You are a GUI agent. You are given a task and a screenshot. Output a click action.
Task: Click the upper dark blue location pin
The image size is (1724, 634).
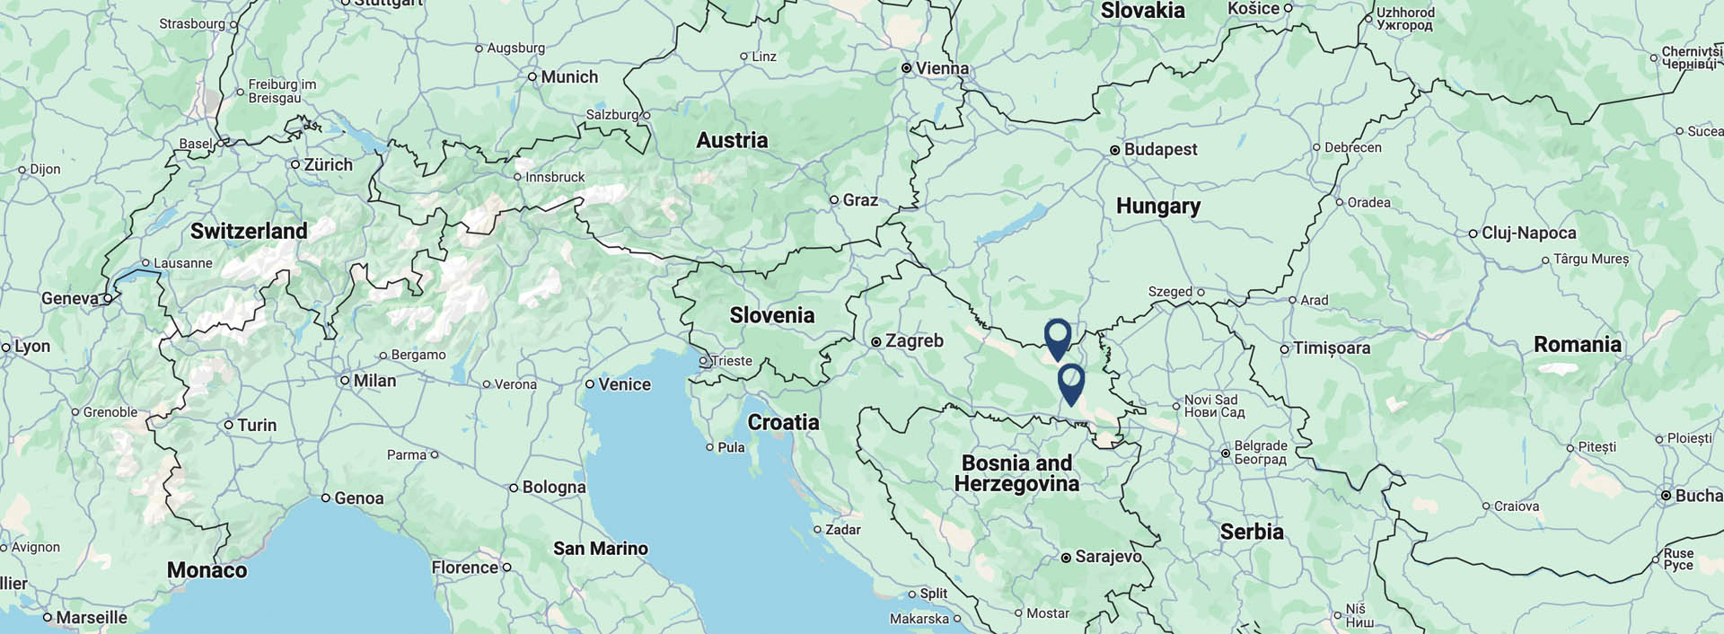click(1058, 337)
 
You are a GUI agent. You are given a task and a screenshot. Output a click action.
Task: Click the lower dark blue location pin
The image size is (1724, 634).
click(1071, 382)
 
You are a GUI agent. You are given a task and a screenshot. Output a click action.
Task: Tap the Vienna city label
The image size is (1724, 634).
click(941, 68)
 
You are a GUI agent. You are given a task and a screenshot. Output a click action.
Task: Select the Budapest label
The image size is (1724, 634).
click(1160, 149)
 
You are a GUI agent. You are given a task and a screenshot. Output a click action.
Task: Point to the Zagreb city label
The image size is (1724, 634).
click(914, 341)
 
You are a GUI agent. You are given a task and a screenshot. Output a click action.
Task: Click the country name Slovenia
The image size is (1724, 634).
click(771, 315)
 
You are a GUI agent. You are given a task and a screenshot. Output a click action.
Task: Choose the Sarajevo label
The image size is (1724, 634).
click(1108, 557)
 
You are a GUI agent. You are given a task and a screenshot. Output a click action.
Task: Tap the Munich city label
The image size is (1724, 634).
click(569, 77)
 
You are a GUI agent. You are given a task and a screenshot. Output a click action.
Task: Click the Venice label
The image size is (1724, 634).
click(624, 384)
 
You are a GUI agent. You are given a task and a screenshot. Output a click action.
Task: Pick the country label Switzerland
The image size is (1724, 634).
click(249, 231)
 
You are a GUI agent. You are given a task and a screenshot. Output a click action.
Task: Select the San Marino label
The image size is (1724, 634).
click(600, 549)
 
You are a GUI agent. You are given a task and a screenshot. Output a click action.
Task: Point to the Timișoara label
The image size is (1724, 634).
click(1331, 348)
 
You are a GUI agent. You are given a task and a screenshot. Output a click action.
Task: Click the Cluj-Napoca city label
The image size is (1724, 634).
click(1528, 233)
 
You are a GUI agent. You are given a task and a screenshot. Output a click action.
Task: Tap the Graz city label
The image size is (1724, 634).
click(860, 200)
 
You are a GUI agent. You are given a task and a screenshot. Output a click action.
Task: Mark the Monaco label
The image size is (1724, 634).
click(207, 570)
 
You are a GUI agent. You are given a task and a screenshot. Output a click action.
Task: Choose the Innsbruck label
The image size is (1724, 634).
click(555, 177)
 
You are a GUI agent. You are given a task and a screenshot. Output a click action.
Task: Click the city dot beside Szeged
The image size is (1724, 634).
click(1201, 292)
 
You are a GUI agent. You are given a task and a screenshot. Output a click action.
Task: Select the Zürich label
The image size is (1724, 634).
click(328, 165)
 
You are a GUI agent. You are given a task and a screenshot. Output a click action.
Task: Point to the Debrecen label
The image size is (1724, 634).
click(1352, 147)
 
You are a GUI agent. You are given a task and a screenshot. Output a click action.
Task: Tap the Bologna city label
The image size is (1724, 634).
click(553, 488)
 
